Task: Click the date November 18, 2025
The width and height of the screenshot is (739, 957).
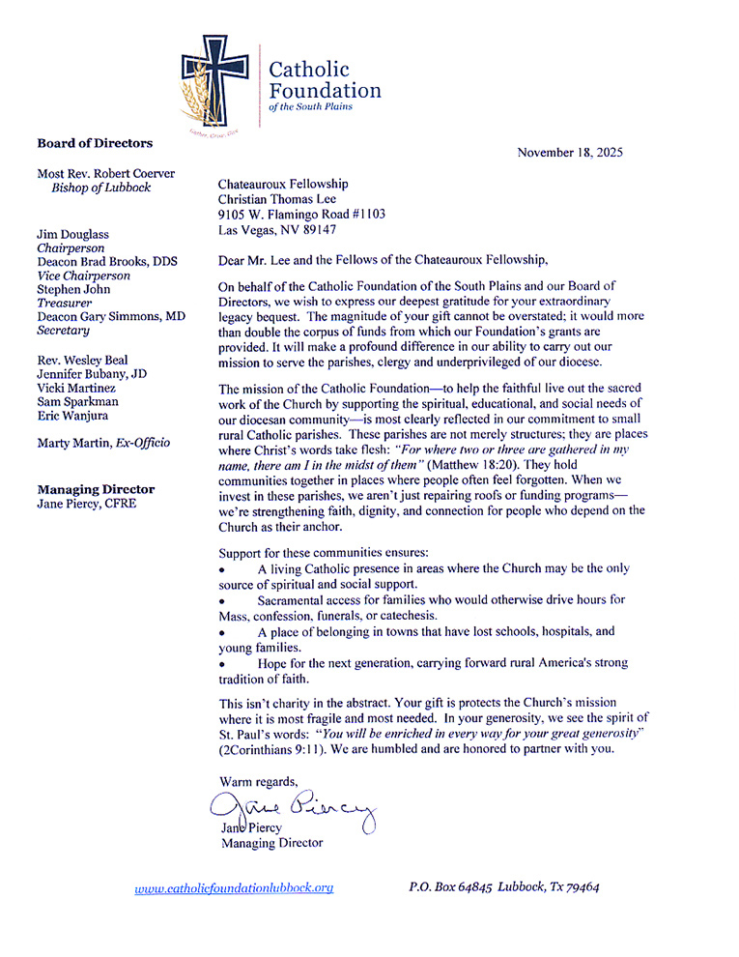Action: pos(570,152)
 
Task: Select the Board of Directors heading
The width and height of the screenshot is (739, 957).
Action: pos(95,143)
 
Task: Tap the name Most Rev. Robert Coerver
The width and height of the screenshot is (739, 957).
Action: pos(113,173)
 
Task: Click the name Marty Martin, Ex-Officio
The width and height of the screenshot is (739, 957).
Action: pos(103,443)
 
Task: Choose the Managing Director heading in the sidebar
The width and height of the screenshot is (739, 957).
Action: pos(96,489)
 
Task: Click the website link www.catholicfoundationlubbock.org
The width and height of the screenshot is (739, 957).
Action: pos(234,886)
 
